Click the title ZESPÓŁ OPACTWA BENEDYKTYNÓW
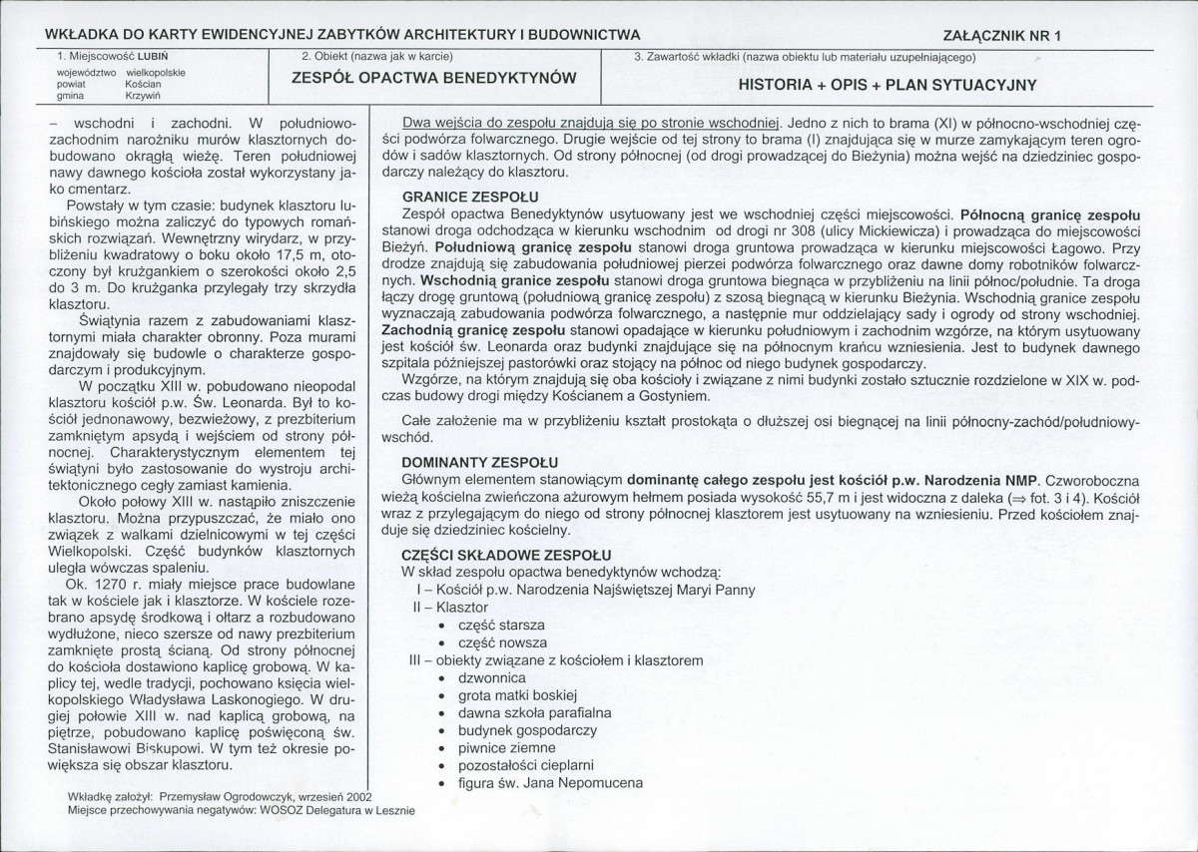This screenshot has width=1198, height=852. pos(434,78)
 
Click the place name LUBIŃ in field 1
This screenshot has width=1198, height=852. pos(152,57)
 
